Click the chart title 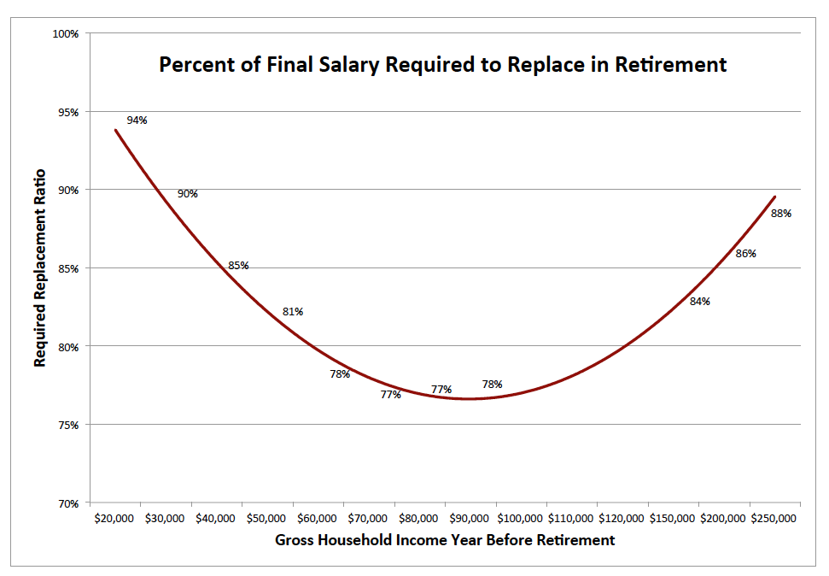click(443, 65)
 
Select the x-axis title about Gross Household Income click(445, 540)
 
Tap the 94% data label click(137, 120)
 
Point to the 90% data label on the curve click(188, 194)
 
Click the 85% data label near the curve click(238, 266)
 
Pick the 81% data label click(293, 312)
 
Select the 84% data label click(700, 302)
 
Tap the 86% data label click(746, 254)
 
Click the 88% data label click(781, 214)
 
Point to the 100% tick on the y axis click(65, 33)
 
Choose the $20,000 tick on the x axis click(114, 519)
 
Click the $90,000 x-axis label click(470, 519)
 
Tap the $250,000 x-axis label click(774, 519)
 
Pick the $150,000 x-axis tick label click(673, 519)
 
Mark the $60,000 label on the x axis click(318, 519)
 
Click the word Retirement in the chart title click(676, 65)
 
